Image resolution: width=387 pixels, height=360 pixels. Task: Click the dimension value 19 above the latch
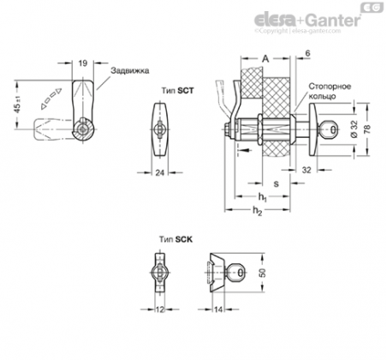click(83, 63)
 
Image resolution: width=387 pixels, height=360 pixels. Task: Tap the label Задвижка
click(130, 70)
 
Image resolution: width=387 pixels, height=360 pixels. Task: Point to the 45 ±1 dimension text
click(18, 104)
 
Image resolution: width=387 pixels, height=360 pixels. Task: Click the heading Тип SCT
click(177, 91)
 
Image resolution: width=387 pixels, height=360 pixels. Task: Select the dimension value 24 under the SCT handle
click(160, 172)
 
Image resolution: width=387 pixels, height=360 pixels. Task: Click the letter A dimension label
click(265, 59)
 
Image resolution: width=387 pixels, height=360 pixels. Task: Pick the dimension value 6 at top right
click(307, 53)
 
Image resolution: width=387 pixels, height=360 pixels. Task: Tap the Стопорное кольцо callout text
click(330, 91)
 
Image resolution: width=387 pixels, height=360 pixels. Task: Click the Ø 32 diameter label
click(354, 129)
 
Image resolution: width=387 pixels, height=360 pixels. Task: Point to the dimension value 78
click(367, 129)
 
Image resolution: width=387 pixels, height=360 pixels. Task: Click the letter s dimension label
click(276, 183)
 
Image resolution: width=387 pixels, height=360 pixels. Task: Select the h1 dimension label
click(262, 197)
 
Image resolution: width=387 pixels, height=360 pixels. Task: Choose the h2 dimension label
click(257, 211)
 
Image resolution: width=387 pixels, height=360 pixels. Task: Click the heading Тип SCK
click(176, 239)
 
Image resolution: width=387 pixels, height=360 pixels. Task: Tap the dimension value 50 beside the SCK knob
click(263, 273)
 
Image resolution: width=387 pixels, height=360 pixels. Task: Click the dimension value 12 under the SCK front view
click(160, 309)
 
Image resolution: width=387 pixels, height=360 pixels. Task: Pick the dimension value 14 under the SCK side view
click(218, 309)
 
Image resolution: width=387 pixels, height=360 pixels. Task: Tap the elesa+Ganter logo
click(307, 21)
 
